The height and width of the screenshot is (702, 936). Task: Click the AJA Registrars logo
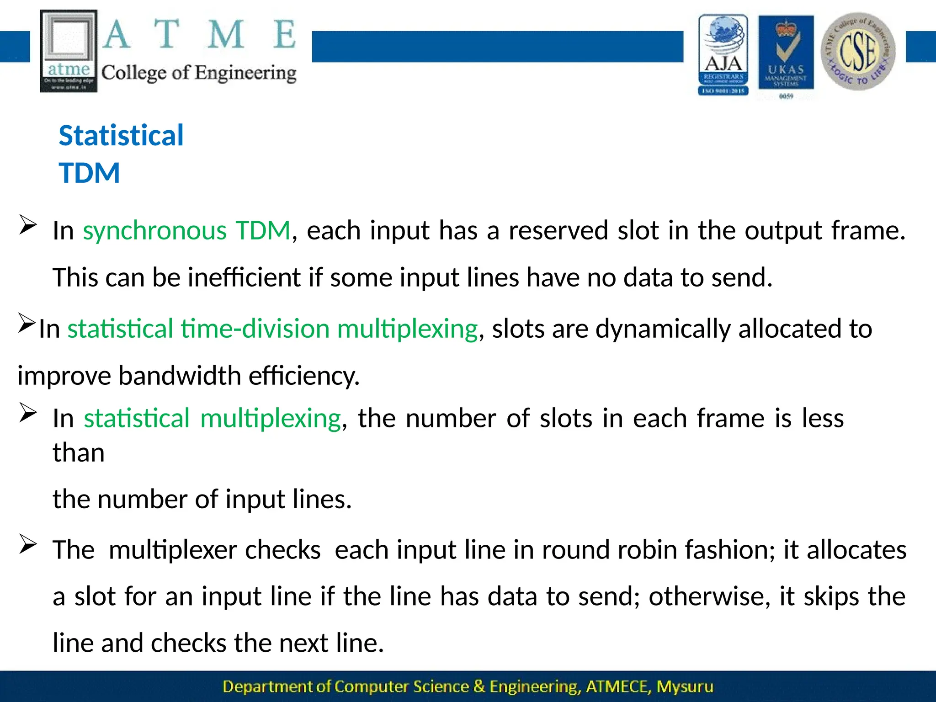point(723,55)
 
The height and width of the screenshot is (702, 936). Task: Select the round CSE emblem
point(858,51)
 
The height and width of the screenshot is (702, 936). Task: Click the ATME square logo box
point(69,51)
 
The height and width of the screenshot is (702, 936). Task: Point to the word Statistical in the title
point(121,136)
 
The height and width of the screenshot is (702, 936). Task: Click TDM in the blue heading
point(90,173)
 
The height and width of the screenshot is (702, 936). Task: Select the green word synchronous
point(154,230)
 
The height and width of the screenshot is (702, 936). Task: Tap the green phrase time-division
point(255,329)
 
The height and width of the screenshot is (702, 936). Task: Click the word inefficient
point(244,278)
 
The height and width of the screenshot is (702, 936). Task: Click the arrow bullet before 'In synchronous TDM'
point(28,225)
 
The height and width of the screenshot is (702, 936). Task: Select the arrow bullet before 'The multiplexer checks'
point(28,545)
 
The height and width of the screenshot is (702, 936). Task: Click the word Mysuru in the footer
point(685,687)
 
